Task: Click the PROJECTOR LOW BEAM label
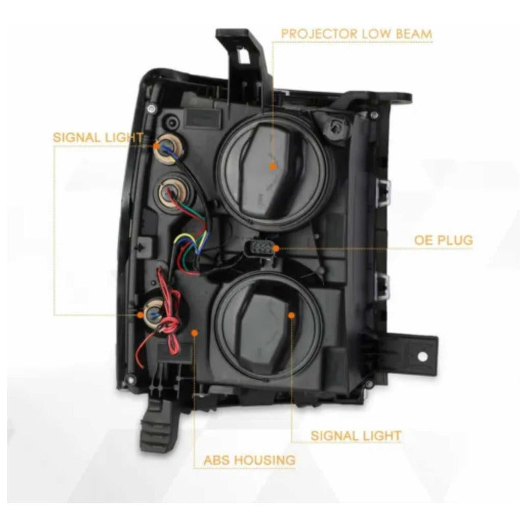coord(356,34)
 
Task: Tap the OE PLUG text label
coord(443,240)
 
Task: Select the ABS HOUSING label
coord(250,460)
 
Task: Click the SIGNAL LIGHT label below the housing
coord(356,435)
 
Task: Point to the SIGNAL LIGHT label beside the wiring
coord(98,138)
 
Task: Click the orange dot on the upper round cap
coord(273,166)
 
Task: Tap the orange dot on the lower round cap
coord(291,316)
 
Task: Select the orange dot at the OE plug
coord(276,249)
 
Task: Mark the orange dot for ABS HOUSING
coord(194,333)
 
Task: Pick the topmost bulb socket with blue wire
coord(169,149)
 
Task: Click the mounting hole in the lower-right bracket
coord(422,356)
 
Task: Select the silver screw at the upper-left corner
coord(152,108)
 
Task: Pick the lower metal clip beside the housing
coord(383,287)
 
